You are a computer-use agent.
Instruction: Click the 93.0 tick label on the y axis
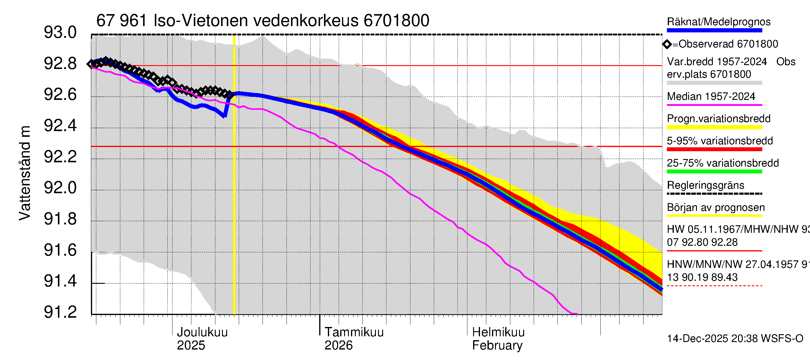[x=60, y=33]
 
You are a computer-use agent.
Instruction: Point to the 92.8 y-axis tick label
[x=60, y=64]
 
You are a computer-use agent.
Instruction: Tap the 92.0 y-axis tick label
[x=60, y=188]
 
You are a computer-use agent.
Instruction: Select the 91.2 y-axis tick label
[x=60, y=312]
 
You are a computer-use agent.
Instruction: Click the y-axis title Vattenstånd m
[x=25, y=173]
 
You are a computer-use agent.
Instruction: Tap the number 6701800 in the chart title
[x=396, y=21]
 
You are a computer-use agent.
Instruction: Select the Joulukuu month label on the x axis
[x=202, y=332]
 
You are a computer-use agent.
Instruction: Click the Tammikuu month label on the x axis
[x=354, y=332]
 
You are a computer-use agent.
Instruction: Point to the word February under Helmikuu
[x=497, y=346]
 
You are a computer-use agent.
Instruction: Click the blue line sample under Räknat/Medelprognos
[x=714, y=31]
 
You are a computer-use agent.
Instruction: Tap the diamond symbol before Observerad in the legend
[x=667, y=44]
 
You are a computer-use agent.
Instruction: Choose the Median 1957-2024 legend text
[x=711, y=97]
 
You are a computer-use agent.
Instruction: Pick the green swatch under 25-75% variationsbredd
[x=714, y=172]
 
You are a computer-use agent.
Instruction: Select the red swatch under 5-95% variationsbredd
[x=714, y=149]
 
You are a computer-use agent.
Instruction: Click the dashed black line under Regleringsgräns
[x=714, y=194]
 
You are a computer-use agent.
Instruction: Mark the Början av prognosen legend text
[x=716, y=208]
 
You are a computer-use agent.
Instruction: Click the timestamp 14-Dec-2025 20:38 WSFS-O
[x=735, y=339]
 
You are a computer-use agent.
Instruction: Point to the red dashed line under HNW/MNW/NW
[x=714, y=286]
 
